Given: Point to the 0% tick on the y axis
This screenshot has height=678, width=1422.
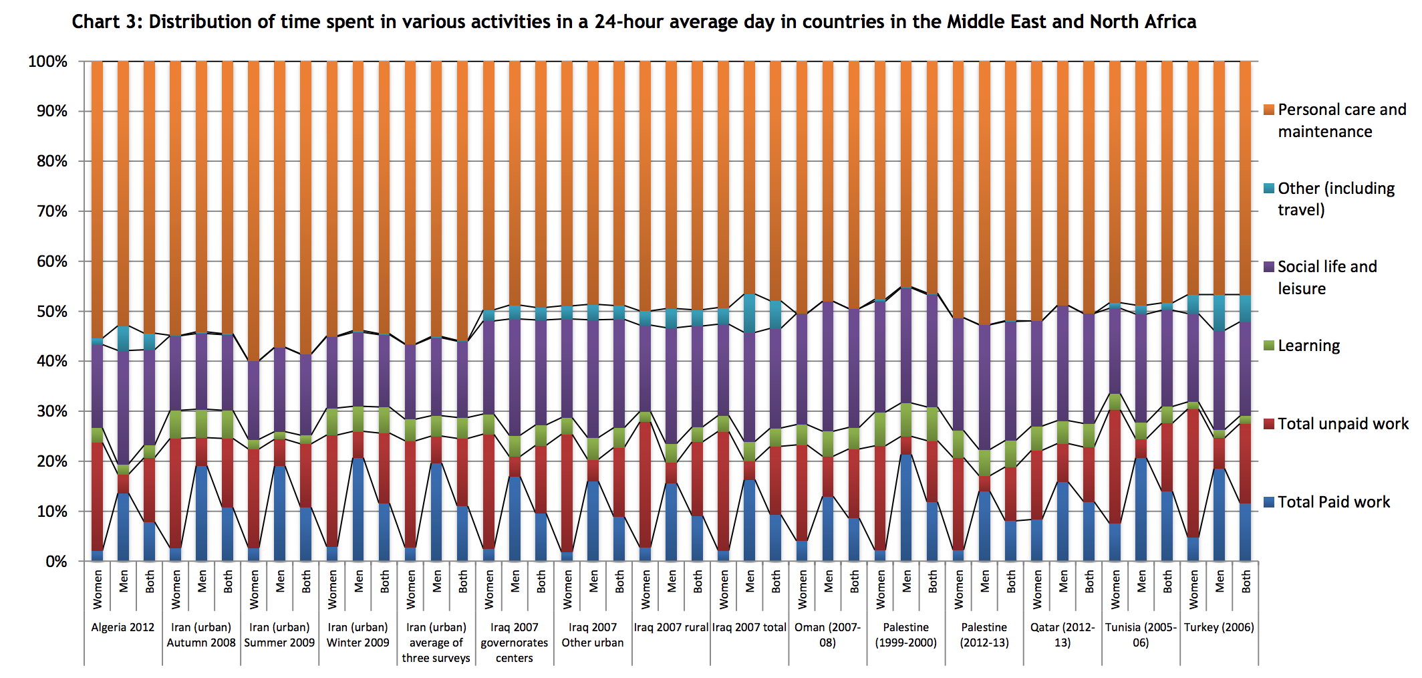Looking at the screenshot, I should click(56, 562).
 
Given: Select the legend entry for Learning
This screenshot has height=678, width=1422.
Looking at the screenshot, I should click(1308, 346).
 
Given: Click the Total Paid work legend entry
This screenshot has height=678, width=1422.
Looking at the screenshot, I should click(1334, 502).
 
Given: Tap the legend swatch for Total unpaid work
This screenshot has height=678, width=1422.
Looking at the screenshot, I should click(1269, 424).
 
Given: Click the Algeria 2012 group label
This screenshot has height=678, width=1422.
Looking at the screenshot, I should click(123, 627).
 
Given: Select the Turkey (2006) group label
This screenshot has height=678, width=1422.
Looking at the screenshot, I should click(1219, 627).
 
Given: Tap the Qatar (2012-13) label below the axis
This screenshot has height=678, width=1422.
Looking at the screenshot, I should click(1062, 635).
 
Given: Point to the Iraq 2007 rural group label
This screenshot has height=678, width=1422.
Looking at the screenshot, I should click(671, 627).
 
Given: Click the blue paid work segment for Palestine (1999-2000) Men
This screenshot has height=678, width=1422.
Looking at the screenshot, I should click(906, 507).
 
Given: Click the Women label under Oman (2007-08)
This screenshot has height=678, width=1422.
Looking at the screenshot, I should click(802, 589).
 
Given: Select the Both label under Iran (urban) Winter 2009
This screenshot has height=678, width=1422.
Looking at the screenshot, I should click(385, 582).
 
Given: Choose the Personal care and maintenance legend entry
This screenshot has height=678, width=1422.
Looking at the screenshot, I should click(1341, 120).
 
